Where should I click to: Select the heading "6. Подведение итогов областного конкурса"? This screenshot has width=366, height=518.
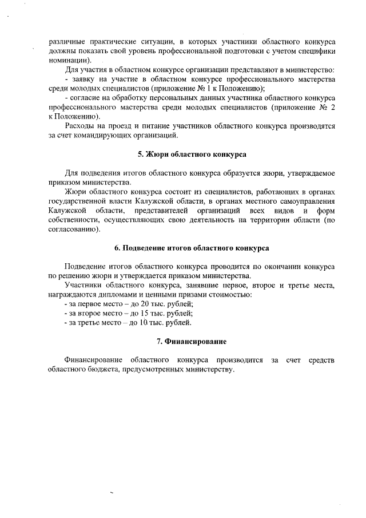[x=192, y=248]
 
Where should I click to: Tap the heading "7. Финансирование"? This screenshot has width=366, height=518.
[x=192, y=341]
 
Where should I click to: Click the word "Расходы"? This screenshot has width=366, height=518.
[x=80, y=126]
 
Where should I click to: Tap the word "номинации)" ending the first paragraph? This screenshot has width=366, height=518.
[x=67, y=60]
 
